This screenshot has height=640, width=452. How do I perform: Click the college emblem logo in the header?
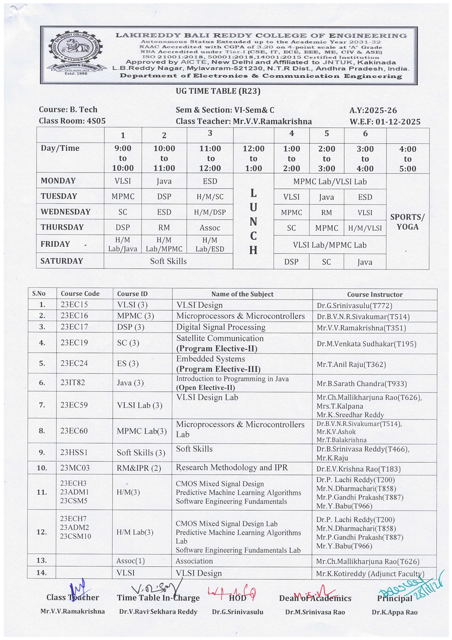pos(76,54)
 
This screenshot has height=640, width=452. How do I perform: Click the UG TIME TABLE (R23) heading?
pos(218,91)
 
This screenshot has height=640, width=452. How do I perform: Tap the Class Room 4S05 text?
pos(72,121)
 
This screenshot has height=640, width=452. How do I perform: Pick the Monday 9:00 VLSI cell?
pos(123,181)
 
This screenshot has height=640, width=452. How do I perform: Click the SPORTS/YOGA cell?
pos(407,222)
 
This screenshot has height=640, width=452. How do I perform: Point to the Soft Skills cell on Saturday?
pos(168,261)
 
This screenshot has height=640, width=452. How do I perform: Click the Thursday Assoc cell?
pos(210,228)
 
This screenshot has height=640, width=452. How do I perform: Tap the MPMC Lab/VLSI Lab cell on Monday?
pos(330,182)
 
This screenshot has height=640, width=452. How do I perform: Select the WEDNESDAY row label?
pos(66,212)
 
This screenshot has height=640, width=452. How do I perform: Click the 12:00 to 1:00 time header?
pos(253,158)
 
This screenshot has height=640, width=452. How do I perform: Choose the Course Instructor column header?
pos(374,294)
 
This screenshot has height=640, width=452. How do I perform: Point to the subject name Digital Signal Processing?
pos(221,327)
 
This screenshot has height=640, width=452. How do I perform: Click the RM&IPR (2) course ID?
pos(139,468)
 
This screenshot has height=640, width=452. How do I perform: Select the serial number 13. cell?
pos(42,561)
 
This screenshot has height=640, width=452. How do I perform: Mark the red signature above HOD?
pos(232,592)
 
